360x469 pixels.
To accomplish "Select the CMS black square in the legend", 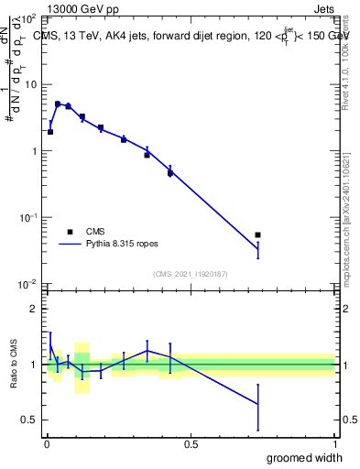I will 69,232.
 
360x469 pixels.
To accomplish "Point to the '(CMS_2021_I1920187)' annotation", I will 190,273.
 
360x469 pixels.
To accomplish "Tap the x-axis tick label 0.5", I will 190,443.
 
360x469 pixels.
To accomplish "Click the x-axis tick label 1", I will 334,443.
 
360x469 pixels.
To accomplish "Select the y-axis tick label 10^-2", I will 28,284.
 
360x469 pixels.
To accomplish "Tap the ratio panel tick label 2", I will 35,309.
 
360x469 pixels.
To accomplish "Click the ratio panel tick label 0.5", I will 30,420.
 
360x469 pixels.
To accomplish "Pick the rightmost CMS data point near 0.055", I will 257,235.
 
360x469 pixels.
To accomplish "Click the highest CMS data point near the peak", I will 58,104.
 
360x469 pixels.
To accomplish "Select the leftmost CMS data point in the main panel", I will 50,132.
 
